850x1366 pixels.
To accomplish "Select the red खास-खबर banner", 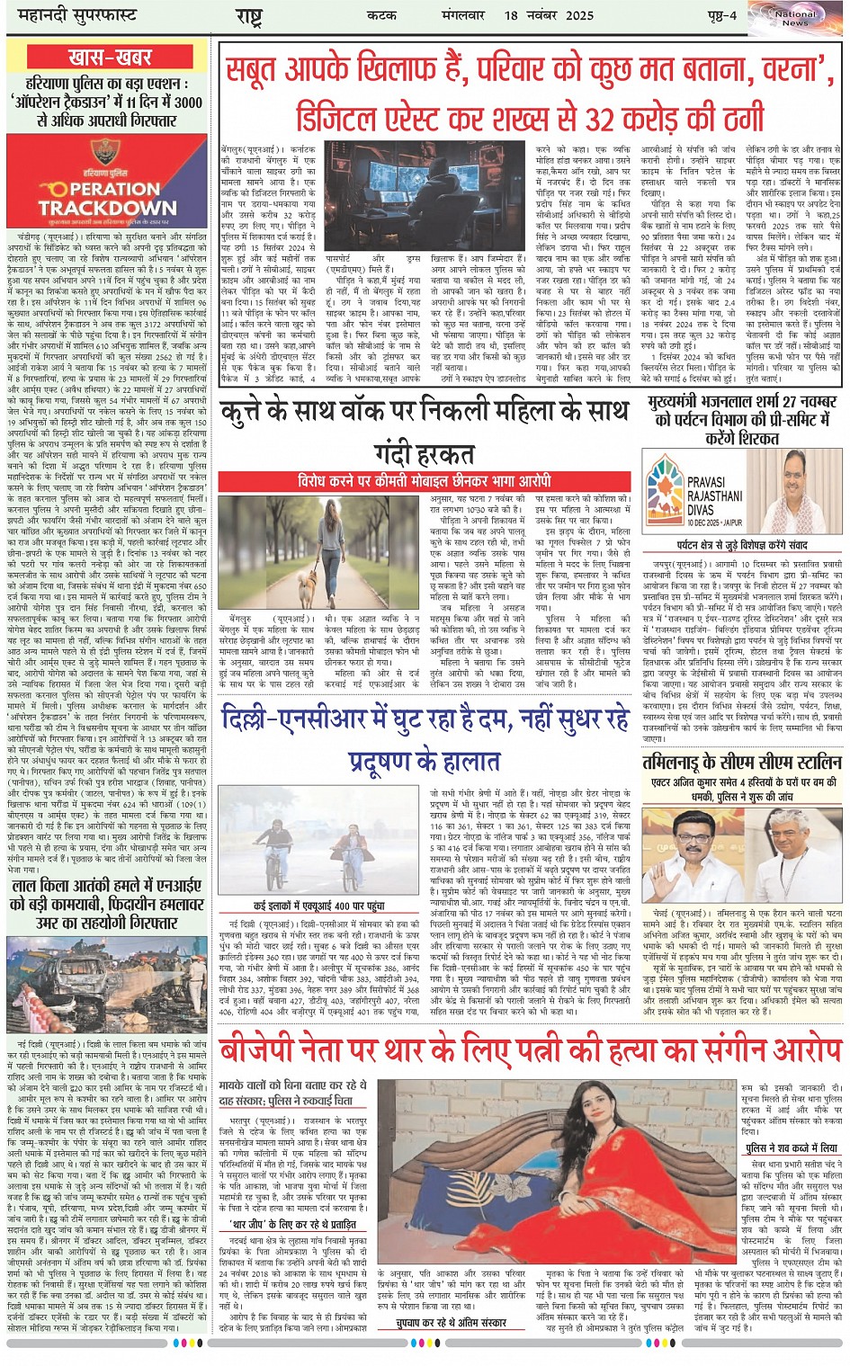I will pos(109,58).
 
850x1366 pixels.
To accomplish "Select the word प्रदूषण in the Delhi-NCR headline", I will pos(382,761).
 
